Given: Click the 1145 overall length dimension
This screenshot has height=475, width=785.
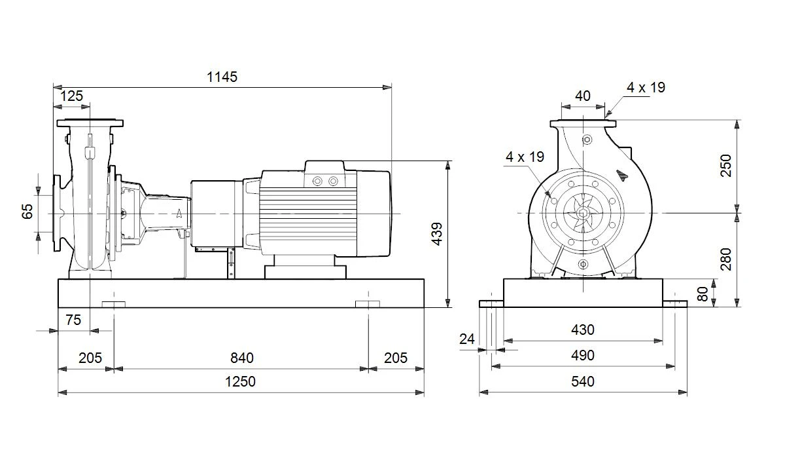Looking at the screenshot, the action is pyautogui.click(x=222, y=77).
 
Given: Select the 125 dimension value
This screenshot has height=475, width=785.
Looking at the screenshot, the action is pyautogui.click(x=71, y=96).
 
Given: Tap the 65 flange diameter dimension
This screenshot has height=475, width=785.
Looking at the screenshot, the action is pyautogui.click(x=27, y=212).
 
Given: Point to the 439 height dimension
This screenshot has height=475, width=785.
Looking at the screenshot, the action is pyautogui.click(x=437, y=234).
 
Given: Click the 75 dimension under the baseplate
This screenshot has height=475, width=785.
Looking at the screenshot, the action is pyautogui.click(x=73, y=320).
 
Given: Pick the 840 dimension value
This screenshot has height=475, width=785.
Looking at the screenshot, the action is pyautogui.click(x=242, y=358).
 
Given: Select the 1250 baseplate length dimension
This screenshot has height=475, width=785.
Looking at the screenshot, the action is pyautogui.click(x=240, y=381).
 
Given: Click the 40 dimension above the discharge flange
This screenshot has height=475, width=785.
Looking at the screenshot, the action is pyautogui.click(x=583, y=96).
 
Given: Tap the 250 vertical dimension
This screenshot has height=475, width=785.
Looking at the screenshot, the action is pyautogui.click(x=726, y=166).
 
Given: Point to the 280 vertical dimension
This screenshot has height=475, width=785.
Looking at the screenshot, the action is pyautogui.click(x=726, y=259).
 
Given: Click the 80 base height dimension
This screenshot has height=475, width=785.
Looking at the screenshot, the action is pyautogui.click(x=703, y=294).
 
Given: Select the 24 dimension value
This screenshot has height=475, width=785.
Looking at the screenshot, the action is pyautogui.click(x=467, y=339).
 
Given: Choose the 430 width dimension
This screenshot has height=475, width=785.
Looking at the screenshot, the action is pyautogui.click(x=583, y=330).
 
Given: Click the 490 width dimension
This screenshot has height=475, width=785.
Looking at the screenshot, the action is pyautogui.click(x=583, y=355).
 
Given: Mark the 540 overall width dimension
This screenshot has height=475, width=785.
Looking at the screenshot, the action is pyautogui.click(x=583, y=381).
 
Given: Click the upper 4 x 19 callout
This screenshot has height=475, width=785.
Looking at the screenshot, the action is pyautogui.click(x=646, y=87).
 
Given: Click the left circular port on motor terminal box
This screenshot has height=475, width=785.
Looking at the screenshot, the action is pyautogui.click(x=317, y=181).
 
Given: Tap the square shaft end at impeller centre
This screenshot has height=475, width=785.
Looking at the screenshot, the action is pyautogui.click(x=583, y=213).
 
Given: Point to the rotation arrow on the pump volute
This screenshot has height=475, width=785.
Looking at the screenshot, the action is pyautogui.click(x=621, y=175).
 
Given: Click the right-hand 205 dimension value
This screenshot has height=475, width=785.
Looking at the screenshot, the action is pyautogui.click(x=396, y=358).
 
